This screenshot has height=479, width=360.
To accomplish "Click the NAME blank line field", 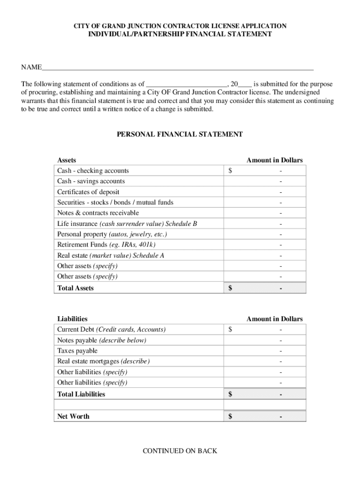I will (178, 67).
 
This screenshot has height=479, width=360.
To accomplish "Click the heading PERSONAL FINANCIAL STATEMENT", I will (180, 134).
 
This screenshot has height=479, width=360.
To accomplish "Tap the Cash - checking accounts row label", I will (93, 171).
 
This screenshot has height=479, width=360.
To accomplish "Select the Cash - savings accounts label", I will (91, 181).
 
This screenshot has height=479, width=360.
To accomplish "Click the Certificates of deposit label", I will (88, 192).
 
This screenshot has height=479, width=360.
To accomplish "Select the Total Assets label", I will (75, 288).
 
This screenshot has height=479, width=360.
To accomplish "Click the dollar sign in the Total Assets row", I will (230, 288).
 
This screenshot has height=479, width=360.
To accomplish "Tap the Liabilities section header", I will (72, 319).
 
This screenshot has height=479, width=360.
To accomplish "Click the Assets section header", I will (66, 160).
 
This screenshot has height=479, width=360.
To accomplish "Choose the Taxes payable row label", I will (77, 351).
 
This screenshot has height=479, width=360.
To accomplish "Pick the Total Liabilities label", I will (81, 394).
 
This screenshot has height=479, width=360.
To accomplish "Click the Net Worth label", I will (73, 416).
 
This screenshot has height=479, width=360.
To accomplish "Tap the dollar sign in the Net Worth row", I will (230, 416).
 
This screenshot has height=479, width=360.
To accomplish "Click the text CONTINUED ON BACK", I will (180, 451).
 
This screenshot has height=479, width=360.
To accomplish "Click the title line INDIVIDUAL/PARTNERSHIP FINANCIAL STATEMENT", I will (180, 34).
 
